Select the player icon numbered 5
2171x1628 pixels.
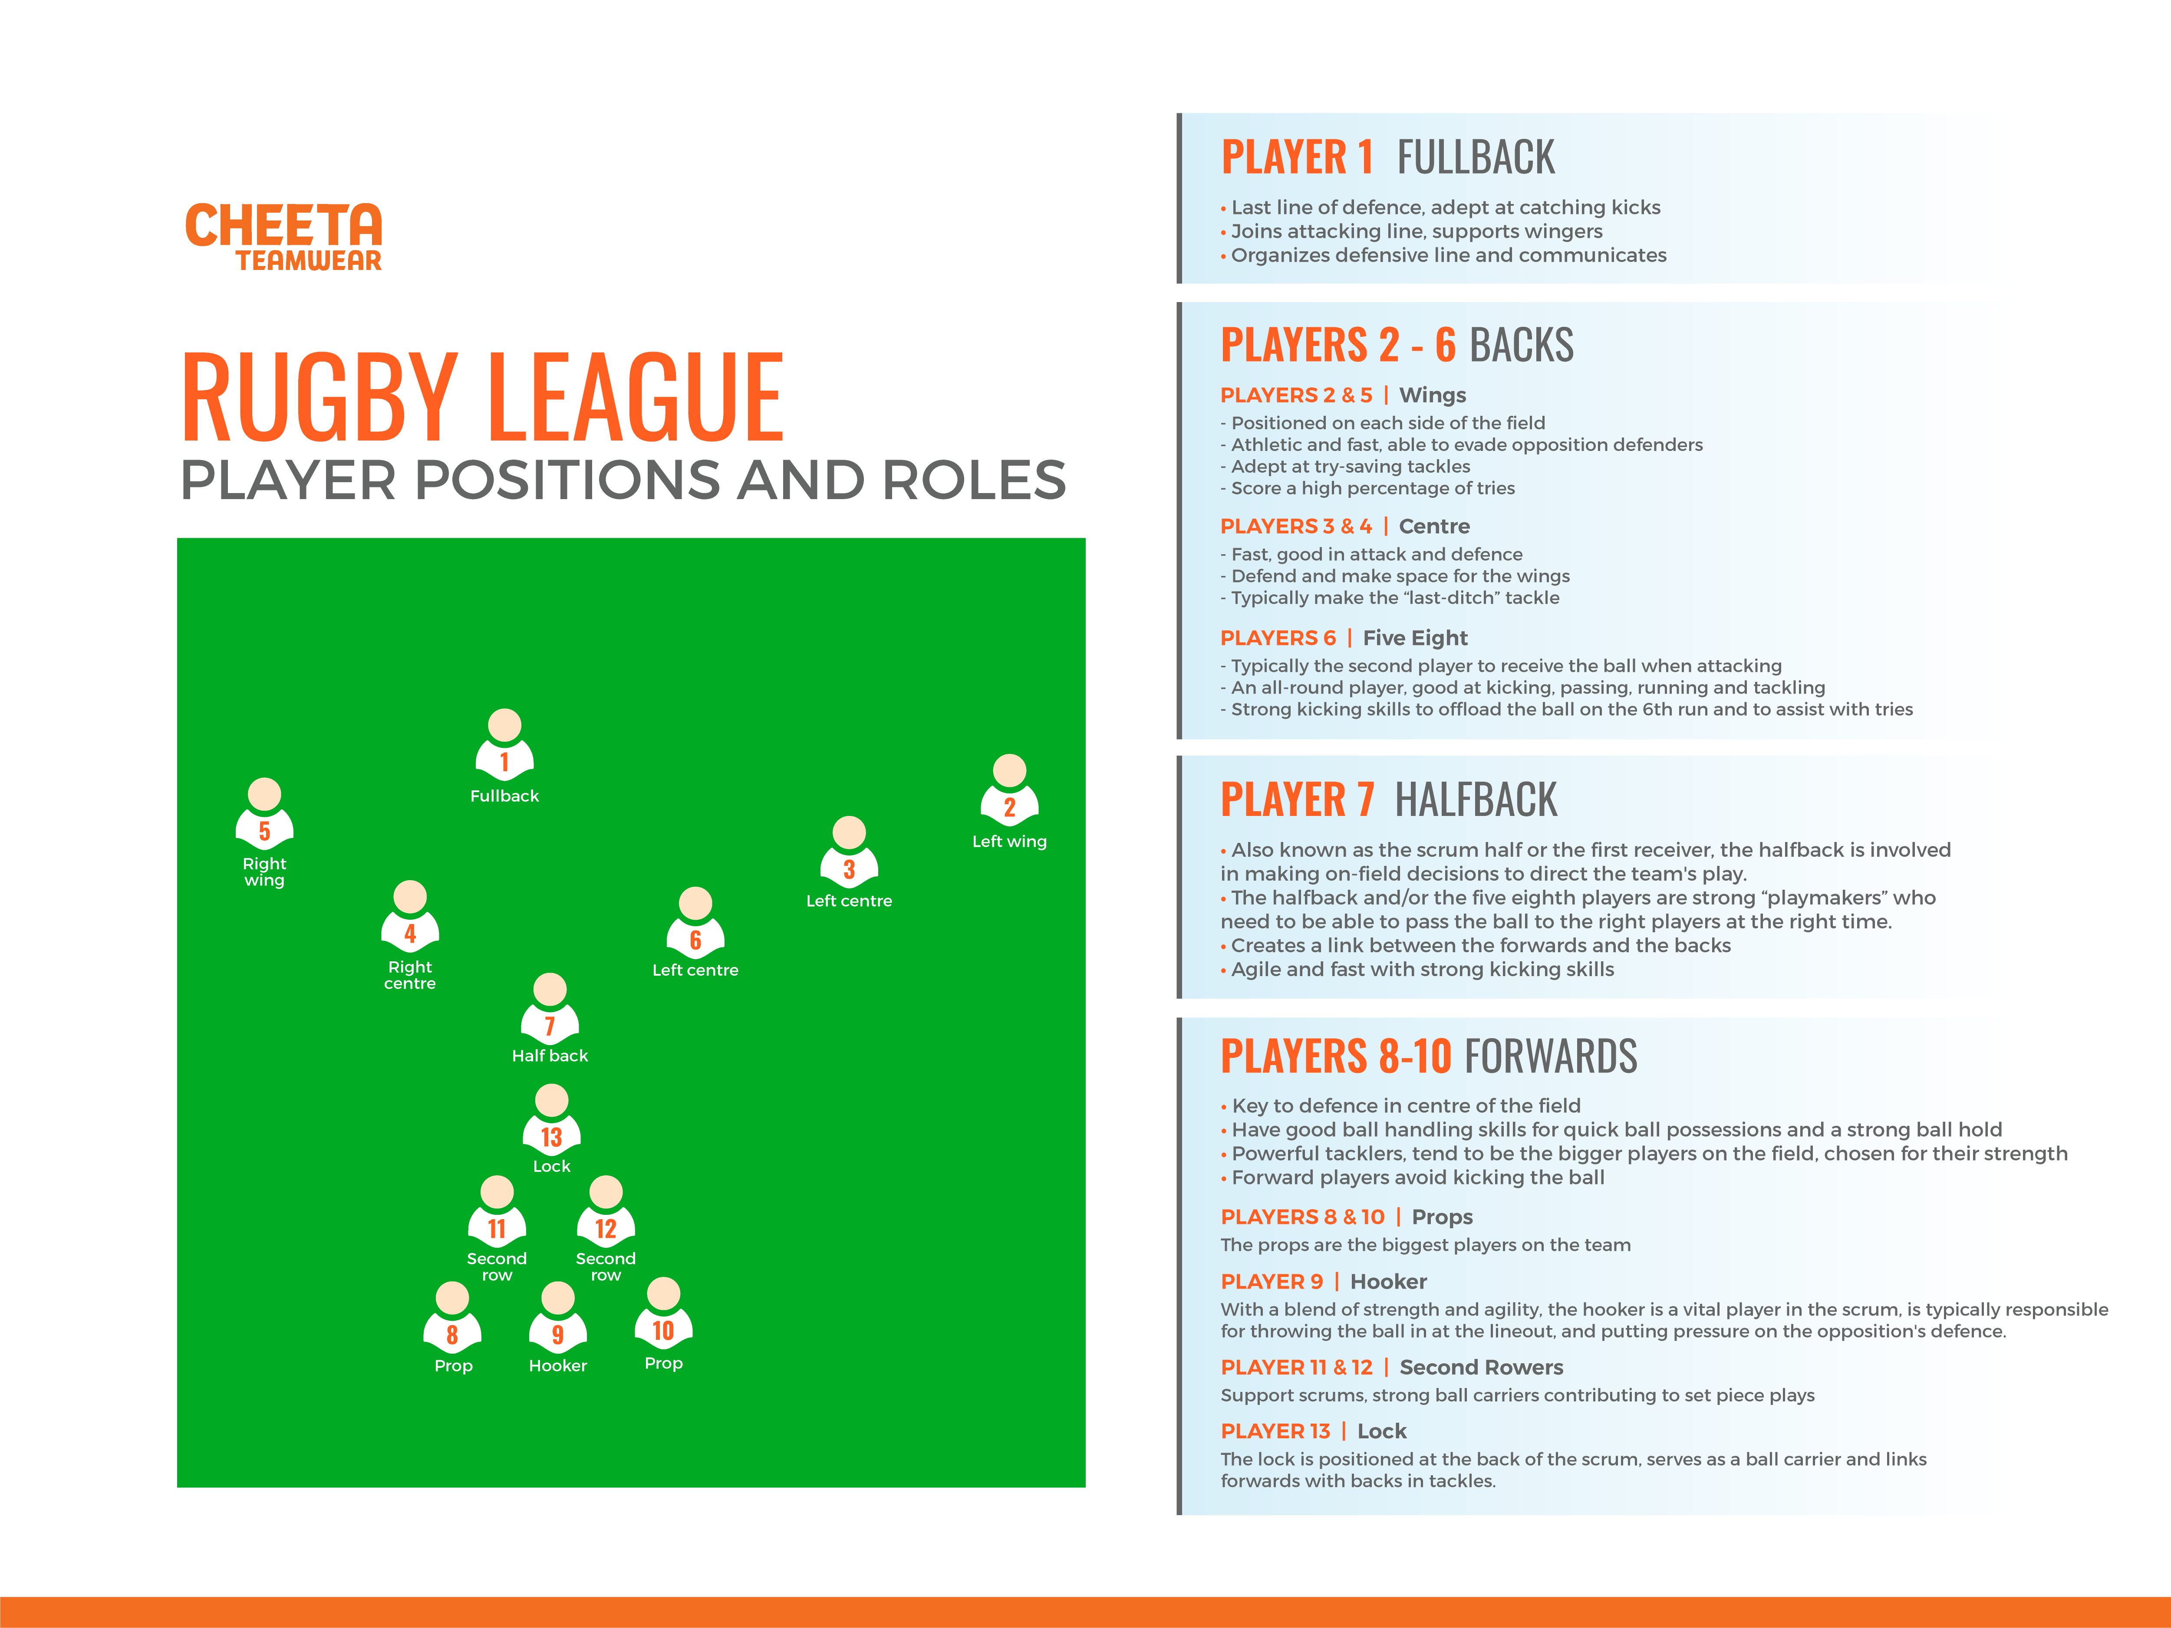click(x=264, y=815)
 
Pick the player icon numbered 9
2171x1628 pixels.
click(x=557, y=1318)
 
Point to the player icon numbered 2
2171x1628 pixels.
click(x=1009, y=791)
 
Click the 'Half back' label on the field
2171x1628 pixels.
click(x=550, y=1056)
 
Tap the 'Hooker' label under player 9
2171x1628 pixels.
click(x=557, y=1366)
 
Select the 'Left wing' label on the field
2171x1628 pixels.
click(x=1009, y=842)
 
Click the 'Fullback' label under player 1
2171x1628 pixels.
click(x=504, y=796)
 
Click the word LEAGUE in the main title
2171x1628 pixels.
click(x=635, y=398)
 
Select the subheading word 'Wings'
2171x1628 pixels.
click(x=1432, y=395)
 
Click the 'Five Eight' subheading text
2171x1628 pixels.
click(x=1414, y=638)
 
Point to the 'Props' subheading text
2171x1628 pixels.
click(x=1442, y=1217)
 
